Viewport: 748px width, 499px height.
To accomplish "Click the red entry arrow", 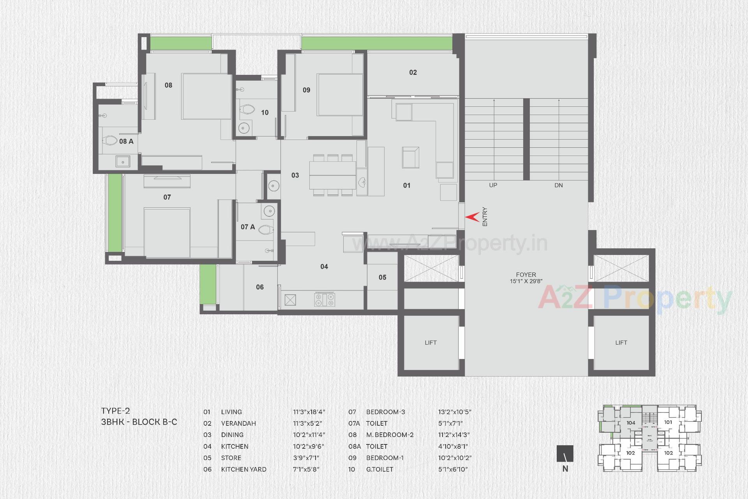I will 473,217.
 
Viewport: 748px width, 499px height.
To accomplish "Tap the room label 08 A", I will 126,141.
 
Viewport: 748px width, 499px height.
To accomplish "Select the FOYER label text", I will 526,274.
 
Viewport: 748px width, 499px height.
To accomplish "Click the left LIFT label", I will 430,343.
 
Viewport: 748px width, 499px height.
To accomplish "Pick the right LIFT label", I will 621,343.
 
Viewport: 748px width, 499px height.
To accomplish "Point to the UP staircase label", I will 493,185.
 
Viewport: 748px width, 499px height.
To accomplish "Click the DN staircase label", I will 559,185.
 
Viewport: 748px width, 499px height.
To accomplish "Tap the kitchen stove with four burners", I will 325,299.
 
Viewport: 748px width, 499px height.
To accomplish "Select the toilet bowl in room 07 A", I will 266,230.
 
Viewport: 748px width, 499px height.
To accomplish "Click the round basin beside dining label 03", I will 273,186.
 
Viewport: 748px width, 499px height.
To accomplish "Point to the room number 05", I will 383,277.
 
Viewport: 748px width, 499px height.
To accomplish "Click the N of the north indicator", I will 565,469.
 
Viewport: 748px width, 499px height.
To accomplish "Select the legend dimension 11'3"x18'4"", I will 309,412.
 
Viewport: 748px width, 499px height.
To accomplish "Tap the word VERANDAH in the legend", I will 238,423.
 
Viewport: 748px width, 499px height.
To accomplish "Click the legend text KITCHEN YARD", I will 244,469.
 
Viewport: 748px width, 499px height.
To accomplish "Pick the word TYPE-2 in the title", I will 116,411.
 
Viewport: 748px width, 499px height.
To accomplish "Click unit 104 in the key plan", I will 631,423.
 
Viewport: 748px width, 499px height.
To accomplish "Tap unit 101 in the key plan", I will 668,422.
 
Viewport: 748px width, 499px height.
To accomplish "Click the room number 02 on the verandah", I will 413,73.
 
